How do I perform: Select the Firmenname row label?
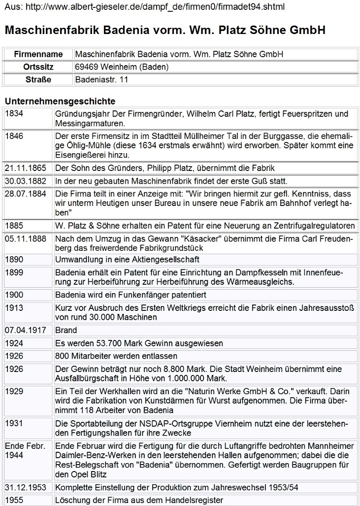tap(38, 54)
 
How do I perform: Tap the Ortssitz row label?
tap(38, 67)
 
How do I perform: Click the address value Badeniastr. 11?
tap(101, 79)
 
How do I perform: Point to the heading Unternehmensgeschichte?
tap(60, 101)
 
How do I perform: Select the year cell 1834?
tap(15, 114)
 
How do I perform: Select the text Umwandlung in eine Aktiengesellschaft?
tap(127, 259)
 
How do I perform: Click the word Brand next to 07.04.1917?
tap(66, 330)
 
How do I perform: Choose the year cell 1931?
tap(15, 423)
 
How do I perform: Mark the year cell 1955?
tap(15, 500)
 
